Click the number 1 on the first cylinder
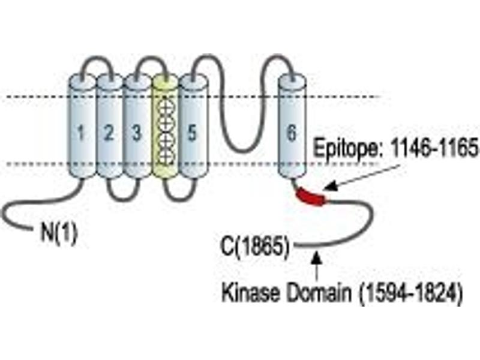click(80, 133)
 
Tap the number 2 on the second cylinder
click(109, 133)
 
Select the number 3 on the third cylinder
click(137, 133)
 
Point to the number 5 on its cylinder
click(192, 133)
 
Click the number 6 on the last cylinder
click(292, 133)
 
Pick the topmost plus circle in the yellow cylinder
click(166, 107)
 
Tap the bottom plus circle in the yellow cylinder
click(166, 157)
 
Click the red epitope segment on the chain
click(311, 197)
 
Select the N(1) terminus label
click(59, 233)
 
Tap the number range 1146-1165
click(434, 147)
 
